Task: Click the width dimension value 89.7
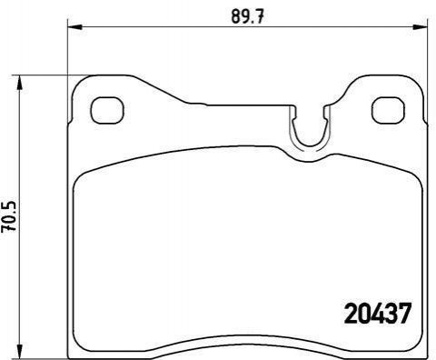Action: pos(248,16)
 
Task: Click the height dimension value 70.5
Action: pos(9,216)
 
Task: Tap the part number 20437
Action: pos(379,314)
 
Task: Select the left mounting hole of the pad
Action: pos(107,110)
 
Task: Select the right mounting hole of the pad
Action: pos(388,110)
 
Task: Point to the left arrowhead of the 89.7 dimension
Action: pos(74,27)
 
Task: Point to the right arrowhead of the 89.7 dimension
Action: pos(421,27)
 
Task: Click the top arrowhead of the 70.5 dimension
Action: pos(20,83)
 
